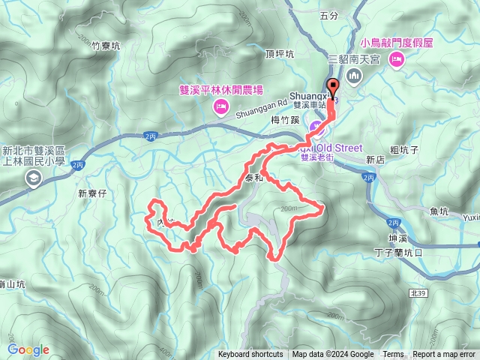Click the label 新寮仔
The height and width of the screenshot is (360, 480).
[93, 193]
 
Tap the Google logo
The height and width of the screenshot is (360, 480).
[28, 349]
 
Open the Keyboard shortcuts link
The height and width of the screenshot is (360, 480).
[250, 355]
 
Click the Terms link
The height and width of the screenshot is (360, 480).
[393, 355]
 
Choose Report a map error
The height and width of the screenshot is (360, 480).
[444, 355]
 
